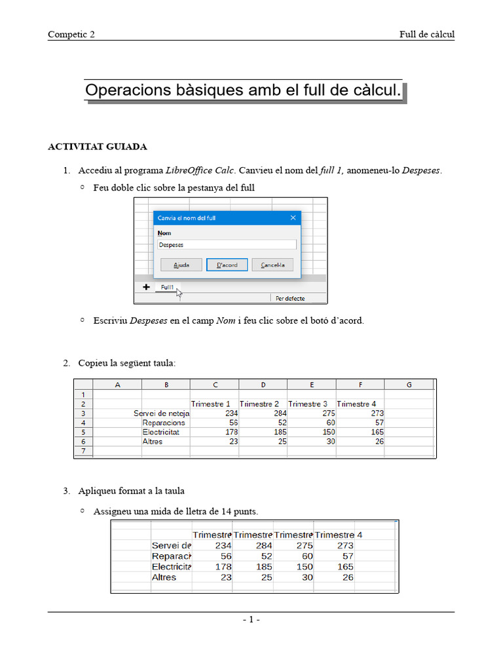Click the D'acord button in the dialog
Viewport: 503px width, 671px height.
pos(227,265)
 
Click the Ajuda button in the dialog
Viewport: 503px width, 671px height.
pos(181,265)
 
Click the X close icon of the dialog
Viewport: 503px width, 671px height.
pos(293,218)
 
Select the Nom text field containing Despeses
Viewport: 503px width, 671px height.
pos(227,244)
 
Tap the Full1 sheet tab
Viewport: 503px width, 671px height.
pos(167,287)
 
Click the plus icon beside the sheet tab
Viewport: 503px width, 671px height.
pos(146,287)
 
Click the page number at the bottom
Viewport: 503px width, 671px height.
pos(251,620)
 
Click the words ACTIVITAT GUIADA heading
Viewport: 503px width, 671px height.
pos(98,146)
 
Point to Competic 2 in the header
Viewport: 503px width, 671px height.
pos(71,35)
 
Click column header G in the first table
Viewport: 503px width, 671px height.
pos(409,385)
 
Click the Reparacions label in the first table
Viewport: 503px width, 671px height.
pos(164,423)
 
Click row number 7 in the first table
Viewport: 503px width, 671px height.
pos(83,451)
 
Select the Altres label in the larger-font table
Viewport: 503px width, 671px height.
pos(164,577)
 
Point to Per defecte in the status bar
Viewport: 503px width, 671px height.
pos(290,298)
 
